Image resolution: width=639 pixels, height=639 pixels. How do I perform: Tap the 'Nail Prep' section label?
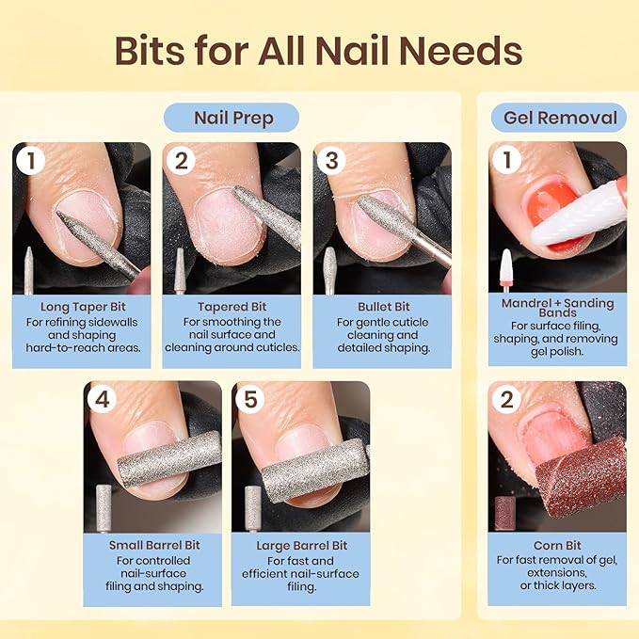[x=232, y=118]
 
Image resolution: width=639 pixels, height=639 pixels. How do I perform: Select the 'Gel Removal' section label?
[x=559, y=118]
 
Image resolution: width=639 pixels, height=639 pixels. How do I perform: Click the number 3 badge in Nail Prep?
[x=331, y=160]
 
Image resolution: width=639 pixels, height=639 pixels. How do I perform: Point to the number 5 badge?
[x=250, y=399]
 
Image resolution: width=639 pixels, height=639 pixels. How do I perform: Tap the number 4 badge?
[x=103, y=399]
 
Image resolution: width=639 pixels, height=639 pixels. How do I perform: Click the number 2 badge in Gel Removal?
[x=507, y=399]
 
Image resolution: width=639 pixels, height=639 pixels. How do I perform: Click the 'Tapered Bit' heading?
[x=232, y=307]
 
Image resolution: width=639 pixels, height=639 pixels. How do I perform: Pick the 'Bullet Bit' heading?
[x=383, y=307]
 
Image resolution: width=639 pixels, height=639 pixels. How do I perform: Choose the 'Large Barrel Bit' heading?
[x=301, y=546]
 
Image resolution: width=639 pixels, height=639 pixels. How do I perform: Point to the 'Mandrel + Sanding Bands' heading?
[x=557, y=310]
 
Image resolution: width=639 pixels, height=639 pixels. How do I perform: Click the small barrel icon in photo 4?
[x=103, y=509]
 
